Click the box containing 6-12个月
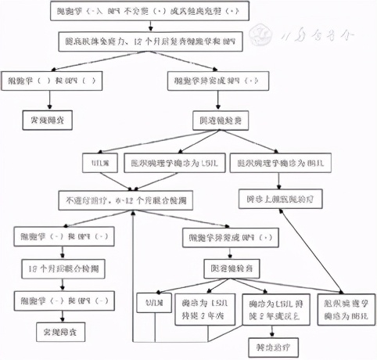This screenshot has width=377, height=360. [x=132, y=200]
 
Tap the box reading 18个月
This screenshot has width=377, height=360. [x=55, y=266]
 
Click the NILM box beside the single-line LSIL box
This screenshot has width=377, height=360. [x=104, y=164]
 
